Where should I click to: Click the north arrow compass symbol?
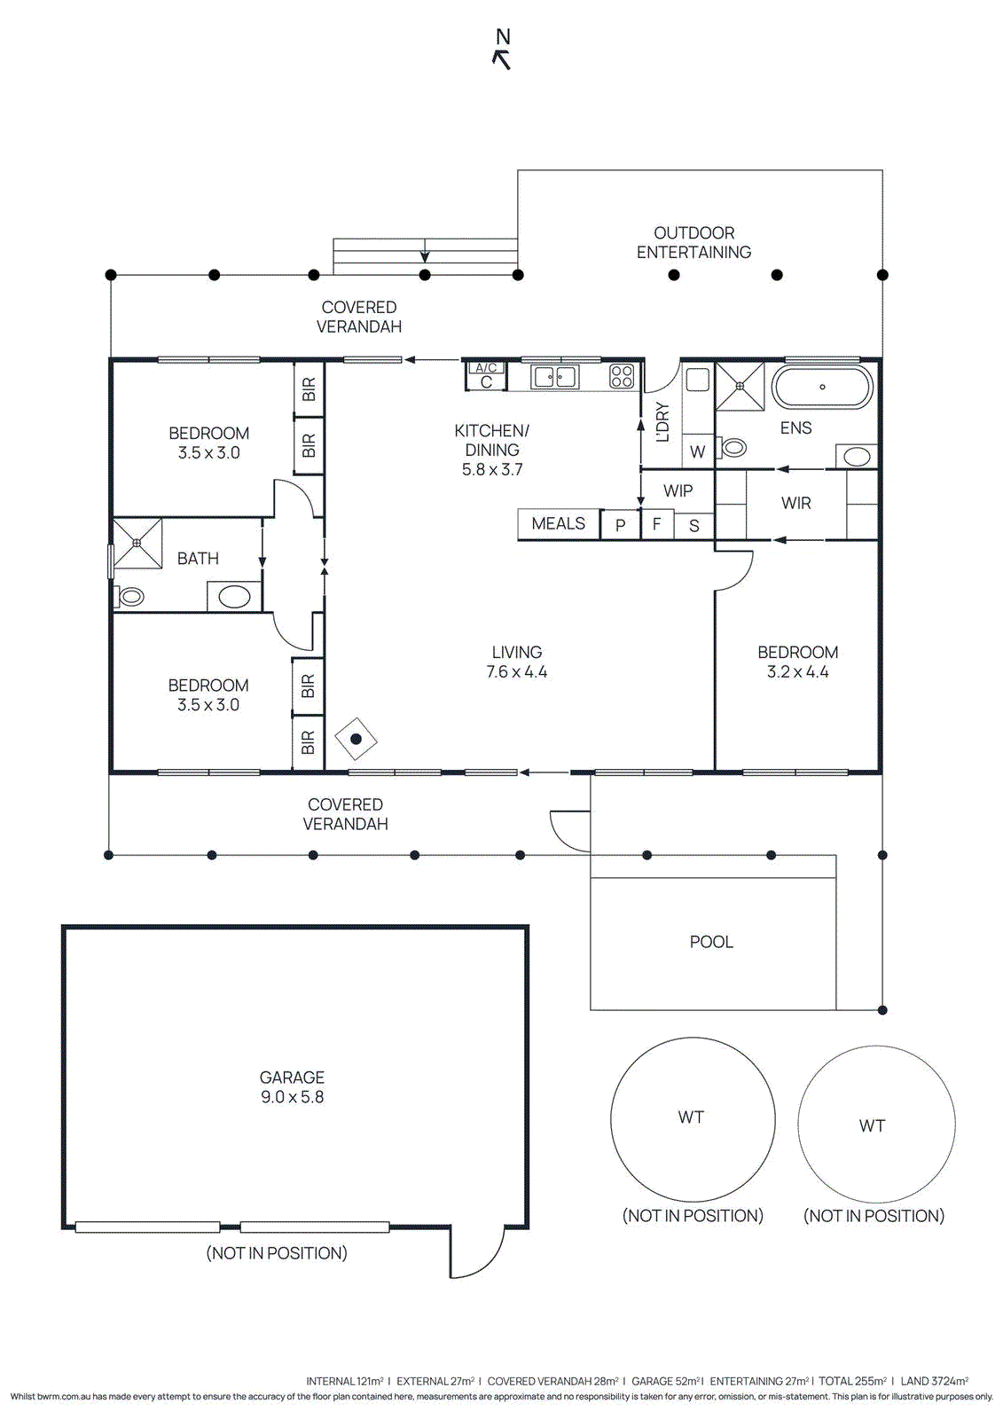tap(502, 50)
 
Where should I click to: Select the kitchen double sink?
tap(554, 377)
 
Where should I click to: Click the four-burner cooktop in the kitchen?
tap(622, 377)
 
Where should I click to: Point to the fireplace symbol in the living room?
tap(356, 739)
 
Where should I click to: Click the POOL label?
tap(711, 942)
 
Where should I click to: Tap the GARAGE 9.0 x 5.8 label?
tap(292, 1087)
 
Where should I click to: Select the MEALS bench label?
tap(558, 524)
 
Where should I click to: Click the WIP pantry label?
tap(678, 491)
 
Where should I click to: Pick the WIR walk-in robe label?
tap(795, 504)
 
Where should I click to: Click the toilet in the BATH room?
tap(131, 597)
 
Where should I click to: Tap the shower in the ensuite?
tap(740, 386)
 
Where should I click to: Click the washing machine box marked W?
tap(698, 452)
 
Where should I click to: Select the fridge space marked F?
tap(656, 525)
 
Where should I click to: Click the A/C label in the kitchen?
tap(486, 367)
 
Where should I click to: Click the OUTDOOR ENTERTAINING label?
tap(693, 243)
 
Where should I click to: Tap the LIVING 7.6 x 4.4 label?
tap(516, 662)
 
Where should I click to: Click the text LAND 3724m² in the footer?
tap(934, 1381)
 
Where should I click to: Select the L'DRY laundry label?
tap(662, 422)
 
